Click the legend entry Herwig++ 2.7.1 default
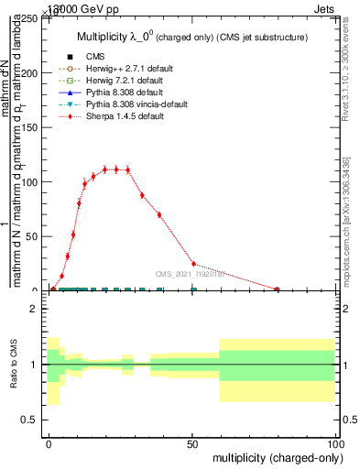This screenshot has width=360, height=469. (115, 68)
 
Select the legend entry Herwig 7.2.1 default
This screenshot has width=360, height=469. (113, 80)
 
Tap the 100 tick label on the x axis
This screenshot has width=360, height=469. (334, 443)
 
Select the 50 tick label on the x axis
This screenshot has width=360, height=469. (192, 443)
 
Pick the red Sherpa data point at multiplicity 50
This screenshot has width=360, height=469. (192, 264)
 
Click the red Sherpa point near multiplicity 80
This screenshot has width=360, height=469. (278, 289)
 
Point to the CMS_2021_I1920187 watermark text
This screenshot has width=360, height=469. (191, 273)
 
